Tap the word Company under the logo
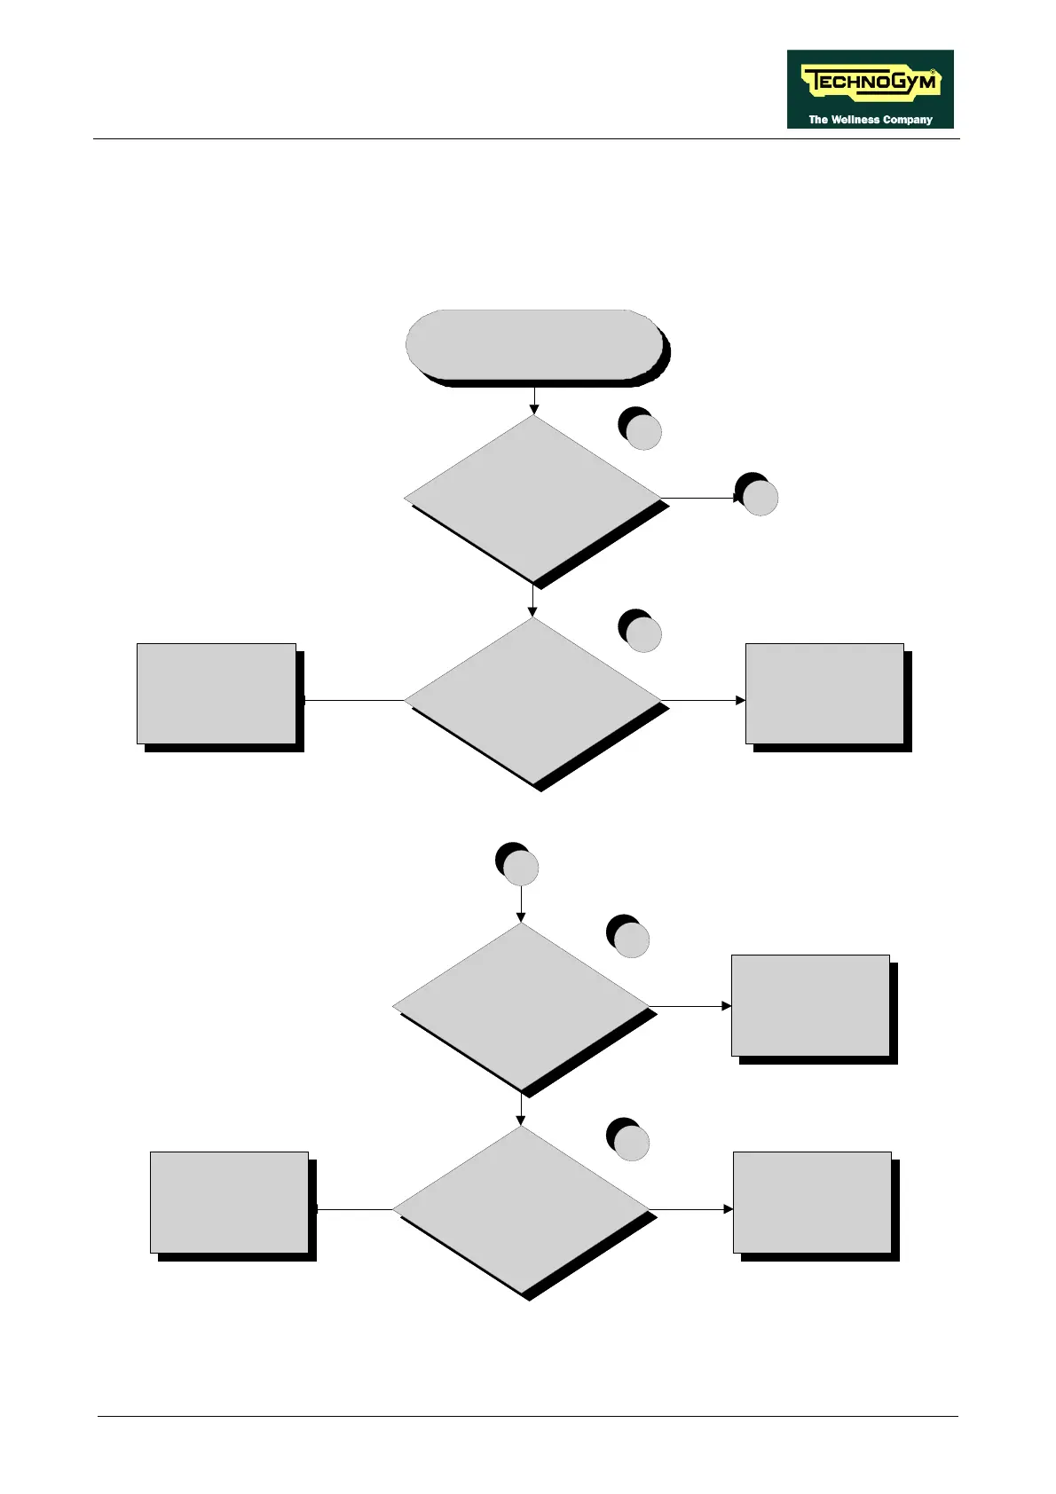[908, 120]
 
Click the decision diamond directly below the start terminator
[533, 498]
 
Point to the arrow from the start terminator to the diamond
[534, 400]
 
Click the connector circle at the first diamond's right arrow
[759, 497]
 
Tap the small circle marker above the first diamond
[642, 431]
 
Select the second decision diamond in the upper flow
[533, 700]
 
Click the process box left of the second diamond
[217, 694]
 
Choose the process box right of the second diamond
[824, 694]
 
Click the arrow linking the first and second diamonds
[532, 600]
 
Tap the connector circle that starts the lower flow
[520, 867]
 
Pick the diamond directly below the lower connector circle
[521, 1006]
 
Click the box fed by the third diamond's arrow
[810, 1005]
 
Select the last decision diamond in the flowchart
[521, 1208]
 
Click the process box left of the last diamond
[229, 1202]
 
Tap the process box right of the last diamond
[812, 1202]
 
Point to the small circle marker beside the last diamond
[630, 1143]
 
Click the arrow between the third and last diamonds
[521, 1109]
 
